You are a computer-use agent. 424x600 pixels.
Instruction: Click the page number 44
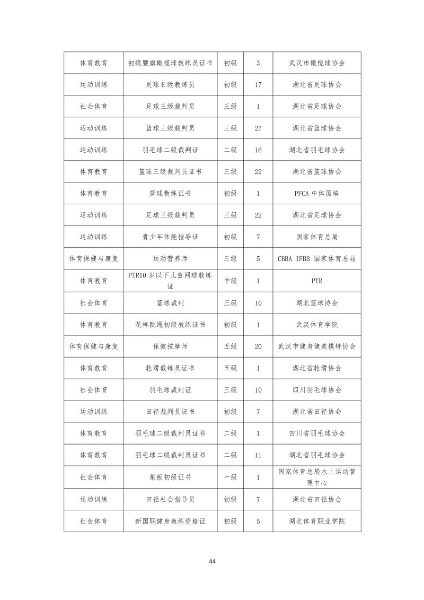[x=212, y=561]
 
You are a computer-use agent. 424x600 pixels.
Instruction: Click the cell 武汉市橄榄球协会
[x=317, y=63]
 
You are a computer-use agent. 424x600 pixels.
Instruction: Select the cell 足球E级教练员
[x=170, y=84]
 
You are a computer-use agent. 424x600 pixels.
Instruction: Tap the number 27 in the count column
[x=258, y=128]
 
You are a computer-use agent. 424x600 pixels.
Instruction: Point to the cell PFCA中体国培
[x=317, y=194]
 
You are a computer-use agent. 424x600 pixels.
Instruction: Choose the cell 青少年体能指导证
[x=170, y=237]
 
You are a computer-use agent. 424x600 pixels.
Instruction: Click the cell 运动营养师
[x=170, y=259]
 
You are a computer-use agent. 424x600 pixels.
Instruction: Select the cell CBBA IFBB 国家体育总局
[x=317, y=259]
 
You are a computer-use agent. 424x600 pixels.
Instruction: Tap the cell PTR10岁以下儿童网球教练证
[x=170, y=281]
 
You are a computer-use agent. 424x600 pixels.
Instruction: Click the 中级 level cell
[x=230, y=281]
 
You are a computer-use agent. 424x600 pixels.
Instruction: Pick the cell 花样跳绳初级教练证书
[x=170, y=324]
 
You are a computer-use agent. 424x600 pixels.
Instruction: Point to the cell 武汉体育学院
[x=317, y=324]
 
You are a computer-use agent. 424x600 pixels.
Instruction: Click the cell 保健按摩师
[x=170, y=346]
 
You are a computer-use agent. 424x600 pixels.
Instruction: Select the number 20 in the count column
[x=258, y=346]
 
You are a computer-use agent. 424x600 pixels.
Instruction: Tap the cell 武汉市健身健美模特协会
[x=317, y=346]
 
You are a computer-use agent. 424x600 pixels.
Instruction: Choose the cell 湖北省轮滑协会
[x=317, y=368]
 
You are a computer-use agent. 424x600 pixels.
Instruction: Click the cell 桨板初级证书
[x=170, y=477]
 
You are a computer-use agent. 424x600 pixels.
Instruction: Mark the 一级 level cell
[x=230, y=477]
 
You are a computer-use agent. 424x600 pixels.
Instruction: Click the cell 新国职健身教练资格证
[x=170, y=521]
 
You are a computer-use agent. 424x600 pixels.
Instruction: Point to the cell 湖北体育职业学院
[x=317, y=521]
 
